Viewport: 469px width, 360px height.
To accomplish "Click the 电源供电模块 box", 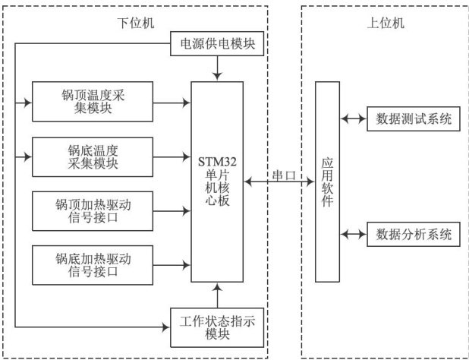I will [219, 45].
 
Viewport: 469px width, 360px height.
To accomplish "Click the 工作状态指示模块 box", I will [217, 326].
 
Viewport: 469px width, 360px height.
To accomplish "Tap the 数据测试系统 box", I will [414, 118].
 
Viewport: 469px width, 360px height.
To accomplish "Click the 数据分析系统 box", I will [414, 233].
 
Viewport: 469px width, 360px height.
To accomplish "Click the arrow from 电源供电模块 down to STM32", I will [219, 68].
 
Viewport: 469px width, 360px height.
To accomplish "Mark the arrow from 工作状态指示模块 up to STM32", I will [219, 295].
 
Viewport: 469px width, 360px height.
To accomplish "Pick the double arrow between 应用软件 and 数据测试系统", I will [353, 118].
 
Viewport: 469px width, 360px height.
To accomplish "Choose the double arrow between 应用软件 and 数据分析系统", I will [353, 233].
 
